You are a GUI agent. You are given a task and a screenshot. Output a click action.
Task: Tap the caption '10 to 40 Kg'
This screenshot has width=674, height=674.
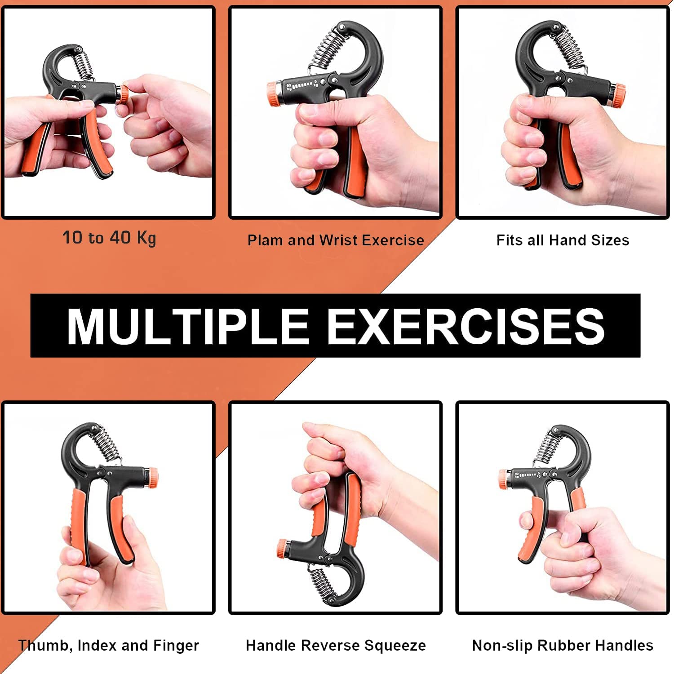(109, 238)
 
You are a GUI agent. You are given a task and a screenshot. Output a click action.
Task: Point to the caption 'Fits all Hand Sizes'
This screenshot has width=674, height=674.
(563, 240)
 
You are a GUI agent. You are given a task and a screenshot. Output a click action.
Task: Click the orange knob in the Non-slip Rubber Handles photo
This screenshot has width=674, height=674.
(504, 479)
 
